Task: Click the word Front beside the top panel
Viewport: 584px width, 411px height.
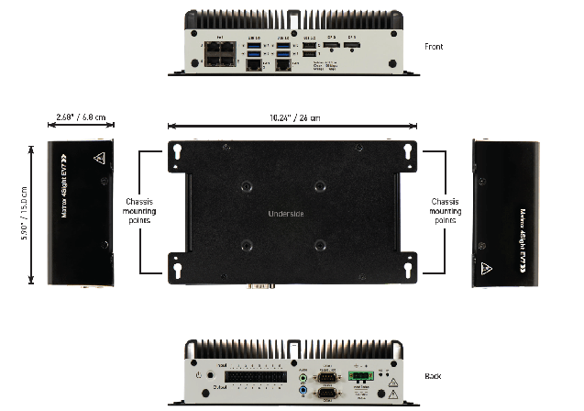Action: [435, 45]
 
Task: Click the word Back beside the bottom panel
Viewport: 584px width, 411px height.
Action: [433, 376]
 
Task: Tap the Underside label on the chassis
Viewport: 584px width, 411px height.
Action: [285, 214]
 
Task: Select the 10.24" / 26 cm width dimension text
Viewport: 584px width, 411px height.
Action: [292, 118]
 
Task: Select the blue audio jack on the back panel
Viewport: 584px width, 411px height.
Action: [303, 390]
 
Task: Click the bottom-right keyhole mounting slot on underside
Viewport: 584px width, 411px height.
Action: [407, 270]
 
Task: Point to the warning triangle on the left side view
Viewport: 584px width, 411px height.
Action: [97, 157]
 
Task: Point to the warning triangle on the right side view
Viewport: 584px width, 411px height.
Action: [483, 270]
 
